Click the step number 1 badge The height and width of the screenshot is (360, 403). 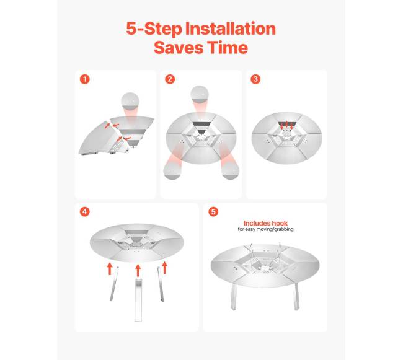click(85, 79)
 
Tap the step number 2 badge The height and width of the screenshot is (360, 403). click(170, 79)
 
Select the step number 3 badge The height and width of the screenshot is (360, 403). click(254, 79)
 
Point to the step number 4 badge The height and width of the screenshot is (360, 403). click(85, 212)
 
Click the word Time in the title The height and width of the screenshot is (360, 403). click(229, 48)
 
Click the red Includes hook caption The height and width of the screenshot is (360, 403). click(265, 223)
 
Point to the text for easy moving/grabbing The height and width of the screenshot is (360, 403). click(265, 229)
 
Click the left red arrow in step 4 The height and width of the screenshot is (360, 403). click(109, 268)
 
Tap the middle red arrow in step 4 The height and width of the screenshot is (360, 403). click(138, 269)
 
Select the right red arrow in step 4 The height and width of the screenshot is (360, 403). click(165, 268)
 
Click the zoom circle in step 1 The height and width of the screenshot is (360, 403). click(132, 100)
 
